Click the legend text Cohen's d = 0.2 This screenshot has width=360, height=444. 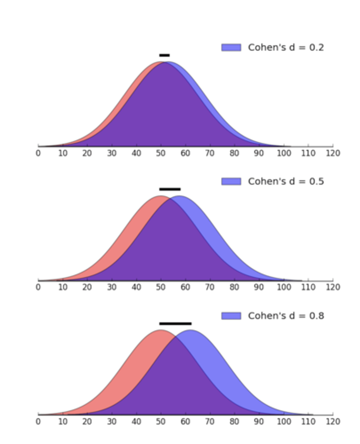tap(286, 47)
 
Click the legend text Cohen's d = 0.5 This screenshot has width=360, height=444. tap(286, 181)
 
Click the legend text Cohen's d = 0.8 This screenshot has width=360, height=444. tap(286, 316)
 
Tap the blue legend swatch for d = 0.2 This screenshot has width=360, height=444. tap(231, 47)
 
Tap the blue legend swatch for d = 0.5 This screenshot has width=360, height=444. tap(231, 181)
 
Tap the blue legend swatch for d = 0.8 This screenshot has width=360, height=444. tap(231, 316)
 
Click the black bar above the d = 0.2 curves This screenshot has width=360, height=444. tap(164, 55)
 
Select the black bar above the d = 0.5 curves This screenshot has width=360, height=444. tap(170, 189)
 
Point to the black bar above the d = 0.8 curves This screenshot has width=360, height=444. tap(175, 323)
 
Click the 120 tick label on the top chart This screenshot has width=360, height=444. tap(333, 153)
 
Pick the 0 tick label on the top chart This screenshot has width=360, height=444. tap(38, 153)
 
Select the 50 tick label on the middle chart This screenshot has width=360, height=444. tap(161, 287)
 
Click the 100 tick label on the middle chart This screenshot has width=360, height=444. tap(284, 287)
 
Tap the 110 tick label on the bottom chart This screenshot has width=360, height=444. tap(308, 421)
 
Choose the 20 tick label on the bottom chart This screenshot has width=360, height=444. tap(87, 421)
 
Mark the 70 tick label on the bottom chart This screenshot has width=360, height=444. tap(210, 421)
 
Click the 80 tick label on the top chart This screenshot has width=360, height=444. tap(234, 153)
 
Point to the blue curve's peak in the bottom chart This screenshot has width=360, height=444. tap(190, 330)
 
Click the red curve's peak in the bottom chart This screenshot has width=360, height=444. tap(161, 330)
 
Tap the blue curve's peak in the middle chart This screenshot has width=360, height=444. tap(180, 196)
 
